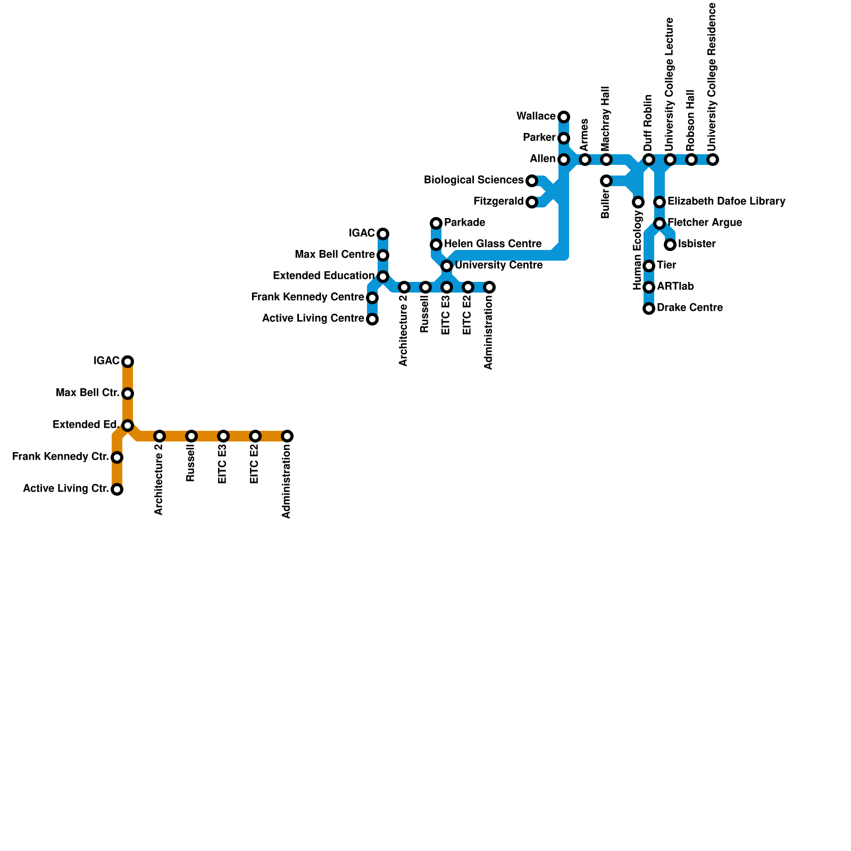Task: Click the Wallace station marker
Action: (x=564, y=117)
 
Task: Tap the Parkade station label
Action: (x=464, y=222)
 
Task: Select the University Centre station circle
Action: (x=447, y=265)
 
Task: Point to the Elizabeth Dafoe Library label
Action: (x=726, y=202)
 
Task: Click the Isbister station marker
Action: (x=670, y=245)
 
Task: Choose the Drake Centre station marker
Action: (x=649, y=308)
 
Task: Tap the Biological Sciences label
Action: (x=473, y=180)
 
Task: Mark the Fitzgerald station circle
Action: (x=532, y=202)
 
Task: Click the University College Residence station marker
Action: (x=713, y=160)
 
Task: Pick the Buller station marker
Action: (x=606, y=181)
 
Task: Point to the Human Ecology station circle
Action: (x=638, y=202)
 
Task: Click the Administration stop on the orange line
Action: (x=287, y=436)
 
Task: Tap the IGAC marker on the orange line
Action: (x=128, y=362)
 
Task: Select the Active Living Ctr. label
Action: (x=65, y=489)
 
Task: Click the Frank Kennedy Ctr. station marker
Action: (x=117, y=457)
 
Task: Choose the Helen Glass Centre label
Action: (x=493, y=244)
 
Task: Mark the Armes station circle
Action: (x=585, y=160)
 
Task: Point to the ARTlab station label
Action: (x=675, y=287)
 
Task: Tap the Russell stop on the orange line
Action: (x=191, y=436)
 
